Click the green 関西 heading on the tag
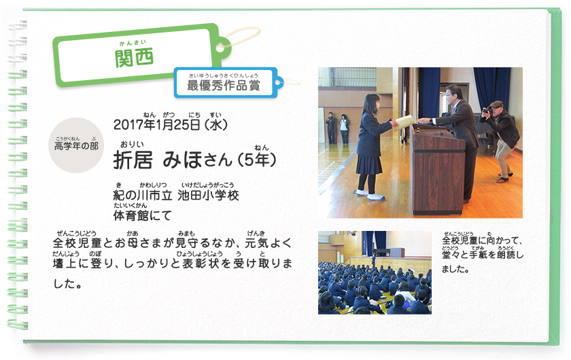coord(134,58)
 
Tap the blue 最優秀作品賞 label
coord(223,85)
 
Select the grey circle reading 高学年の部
coord(76,145)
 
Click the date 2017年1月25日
coord(156,125)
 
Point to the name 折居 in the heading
coord(133,160)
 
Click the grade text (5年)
coord(257,160)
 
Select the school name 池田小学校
coord(208,195)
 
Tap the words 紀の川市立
coord(142,195)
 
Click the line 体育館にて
coord(142,215)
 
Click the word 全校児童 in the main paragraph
coord(77,242)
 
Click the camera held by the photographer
coord(487,110)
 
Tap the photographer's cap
coord(497,105)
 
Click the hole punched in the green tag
coord(220,48)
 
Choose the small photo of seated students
coord(375,272)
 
